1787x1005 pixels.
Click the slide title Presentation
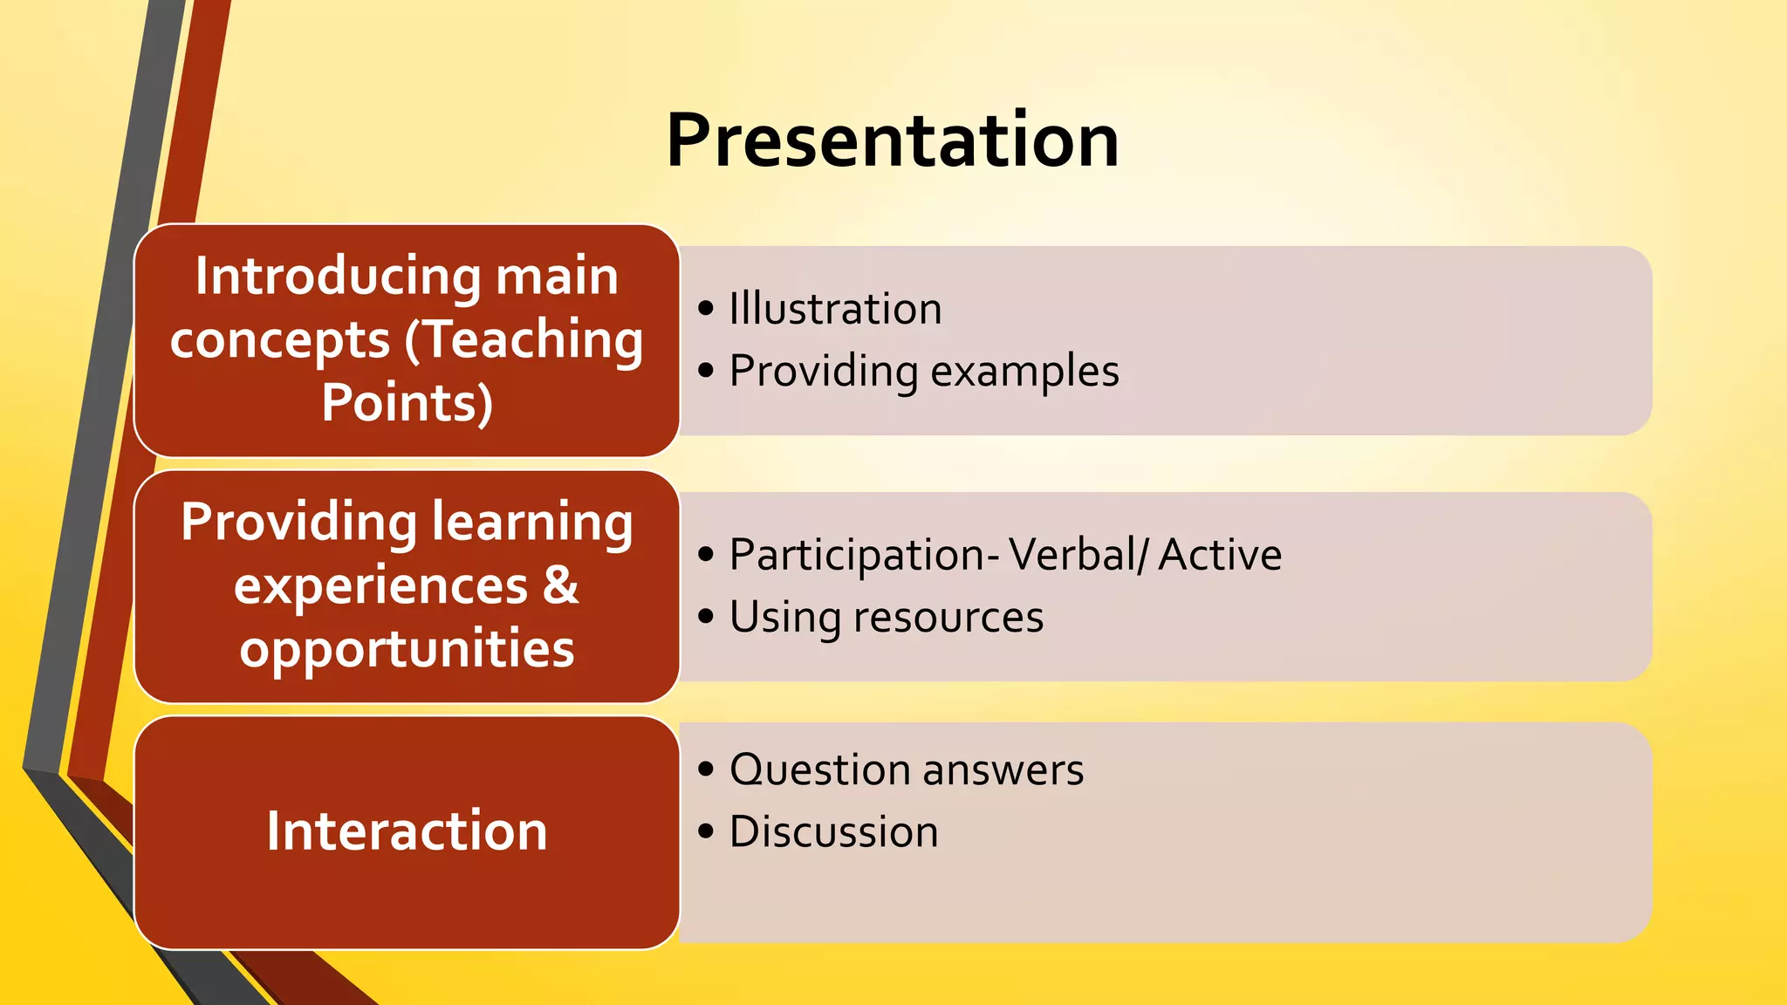(893, 141)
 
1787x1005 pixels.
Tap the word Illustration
(835, 309)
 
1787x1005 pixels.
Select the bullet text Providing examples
(923, 372)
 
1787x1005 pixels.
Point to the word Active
(1220, 555)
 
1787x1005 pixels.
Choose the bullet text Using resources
(886, 618)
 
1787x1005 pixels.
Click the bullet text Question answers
(906, 770)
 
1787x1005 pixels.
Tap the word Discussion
(833, 831)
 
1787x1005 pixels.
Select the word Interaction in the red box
(407, 831)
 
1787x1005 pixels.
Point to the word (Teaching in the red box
(524, 339)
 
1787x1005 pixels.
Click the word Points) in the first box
(407, 402)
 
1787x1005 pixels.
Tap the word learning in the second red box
(532, 523)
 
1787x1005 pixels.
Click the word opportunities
(407, 649)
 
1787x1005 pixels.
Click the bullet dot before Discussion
(706, 832)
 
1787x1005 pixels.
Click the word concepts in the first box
(280, 339)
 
